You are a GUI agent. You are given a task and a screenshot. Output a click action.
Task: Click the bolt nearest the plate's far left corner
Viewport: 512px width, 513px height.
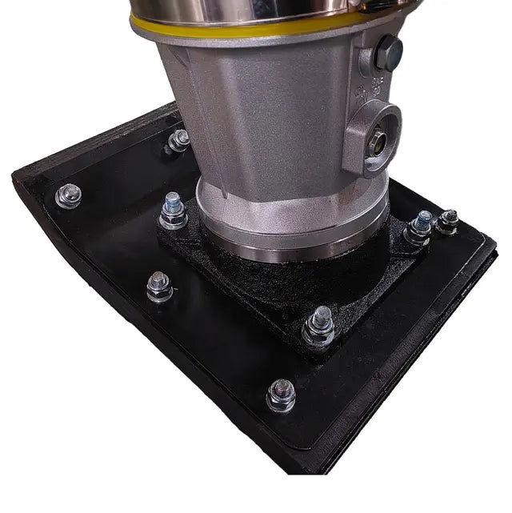pos(69,194)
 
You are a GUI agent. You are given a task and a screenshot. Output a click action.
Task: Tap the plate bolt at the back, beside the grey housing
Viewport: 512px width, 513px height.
pos(178,140)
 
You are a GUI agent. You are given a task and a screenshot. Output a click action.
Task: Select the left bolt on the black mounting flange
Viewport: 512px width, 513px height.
pos(172,210)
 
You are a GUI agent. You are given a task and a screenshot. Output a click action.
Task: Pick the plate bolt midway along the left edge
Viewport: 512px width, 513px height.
pos(159,287)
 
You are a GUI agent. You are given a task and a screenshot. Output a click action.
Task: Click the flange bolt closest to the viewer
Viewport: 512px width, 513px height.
pos(319,326)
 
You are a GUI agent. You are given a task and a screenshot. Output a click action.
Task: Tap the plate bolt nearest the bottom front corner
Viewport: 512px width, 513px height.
pos(281,394)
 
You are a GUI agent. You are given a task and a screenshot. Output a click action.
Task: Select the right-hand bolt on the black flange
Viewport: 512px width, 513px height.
pos(418,227)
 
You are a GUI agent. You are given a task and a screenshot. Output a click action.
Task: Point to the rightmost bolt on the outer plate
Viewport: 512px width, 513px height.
pos(448,221)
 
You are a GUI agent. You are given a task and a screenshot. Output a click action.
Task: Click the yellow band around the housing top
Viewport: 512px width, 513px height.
pos(240,30)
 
